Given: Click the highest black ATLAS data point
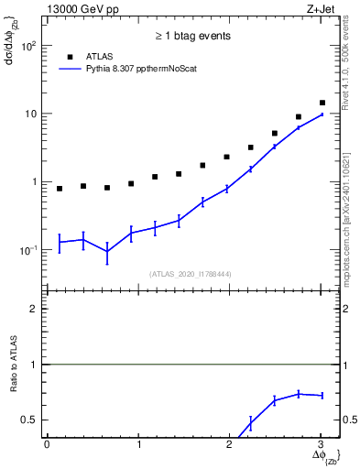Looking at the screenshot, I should pyautogui.click(x=322, y=103).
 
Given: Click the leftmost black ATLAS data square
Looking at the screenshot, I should pyautogui.click(x=60, y=189).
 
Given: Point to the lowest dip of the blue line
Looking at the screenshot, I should pyautogui.click(x=107, y=251).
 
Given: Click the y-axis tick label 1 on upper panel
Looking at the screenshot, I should pyautogui.click(x=35, y=181).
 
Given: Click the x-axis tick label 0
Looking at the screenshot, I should pyautogui.click(x=47, y=444).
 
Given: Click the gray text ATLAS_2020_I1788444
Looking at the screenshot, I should pyautogui.click(x=191, y=274).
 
